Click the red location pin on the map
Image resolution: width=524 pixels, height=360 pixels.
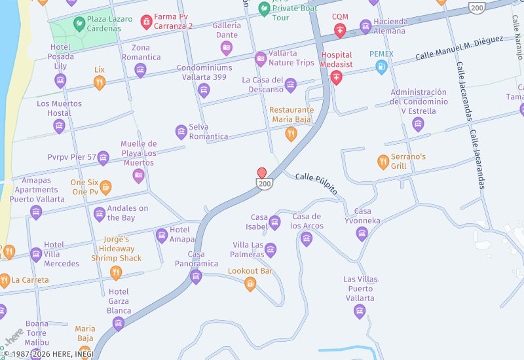coord(262,173)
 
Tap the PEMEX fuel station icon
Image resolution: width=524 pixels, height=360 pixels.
coord(381,66)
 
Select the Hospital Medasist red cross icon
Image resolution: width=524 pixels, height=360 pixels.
coord(337,78)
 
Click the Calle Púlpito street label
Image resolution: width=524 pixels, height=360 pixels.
coord(316,184)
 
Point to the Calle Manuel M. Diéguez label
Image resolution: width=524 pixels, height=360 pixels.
coord(458,48)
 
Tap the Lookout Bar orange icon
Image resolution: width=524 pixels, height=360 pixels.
coord(250,283)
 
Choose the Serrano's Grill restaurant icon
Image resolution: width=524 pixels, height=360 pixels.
coord(383,161)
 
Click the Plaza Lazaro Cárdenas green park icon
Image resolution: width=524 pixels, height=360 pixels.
coord(79,24)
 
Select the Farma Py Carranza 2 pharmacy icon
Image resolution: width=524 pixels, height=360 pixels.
coord(146,23)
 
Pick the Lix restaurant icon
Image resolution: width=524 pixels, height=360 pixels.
coord(99,82)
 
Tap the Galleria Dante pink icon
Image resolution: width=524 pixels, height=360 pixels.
coord(226,47)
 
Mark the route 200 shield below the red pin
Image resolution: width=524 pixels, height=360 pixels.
coord(264,185)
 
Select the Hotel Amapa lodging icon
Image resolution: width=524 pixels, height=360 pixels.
coord(162,235)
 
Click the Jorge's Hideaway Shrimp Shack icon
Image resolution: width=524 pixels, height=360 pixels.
coord(116,272)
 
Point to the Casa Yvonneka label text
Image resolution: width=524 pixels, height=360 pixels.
coord(362,216)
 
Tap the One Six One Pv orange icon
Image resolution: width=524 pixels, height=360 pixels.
coord(105,187)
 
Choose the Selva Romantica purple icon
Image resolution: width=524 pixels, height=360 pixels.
coord(181,132)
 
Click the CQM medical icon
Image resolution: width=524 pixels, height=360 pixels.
coord(340,30)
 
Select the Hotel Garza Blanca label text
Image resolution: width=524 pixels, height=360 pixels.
coord(119,301)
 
